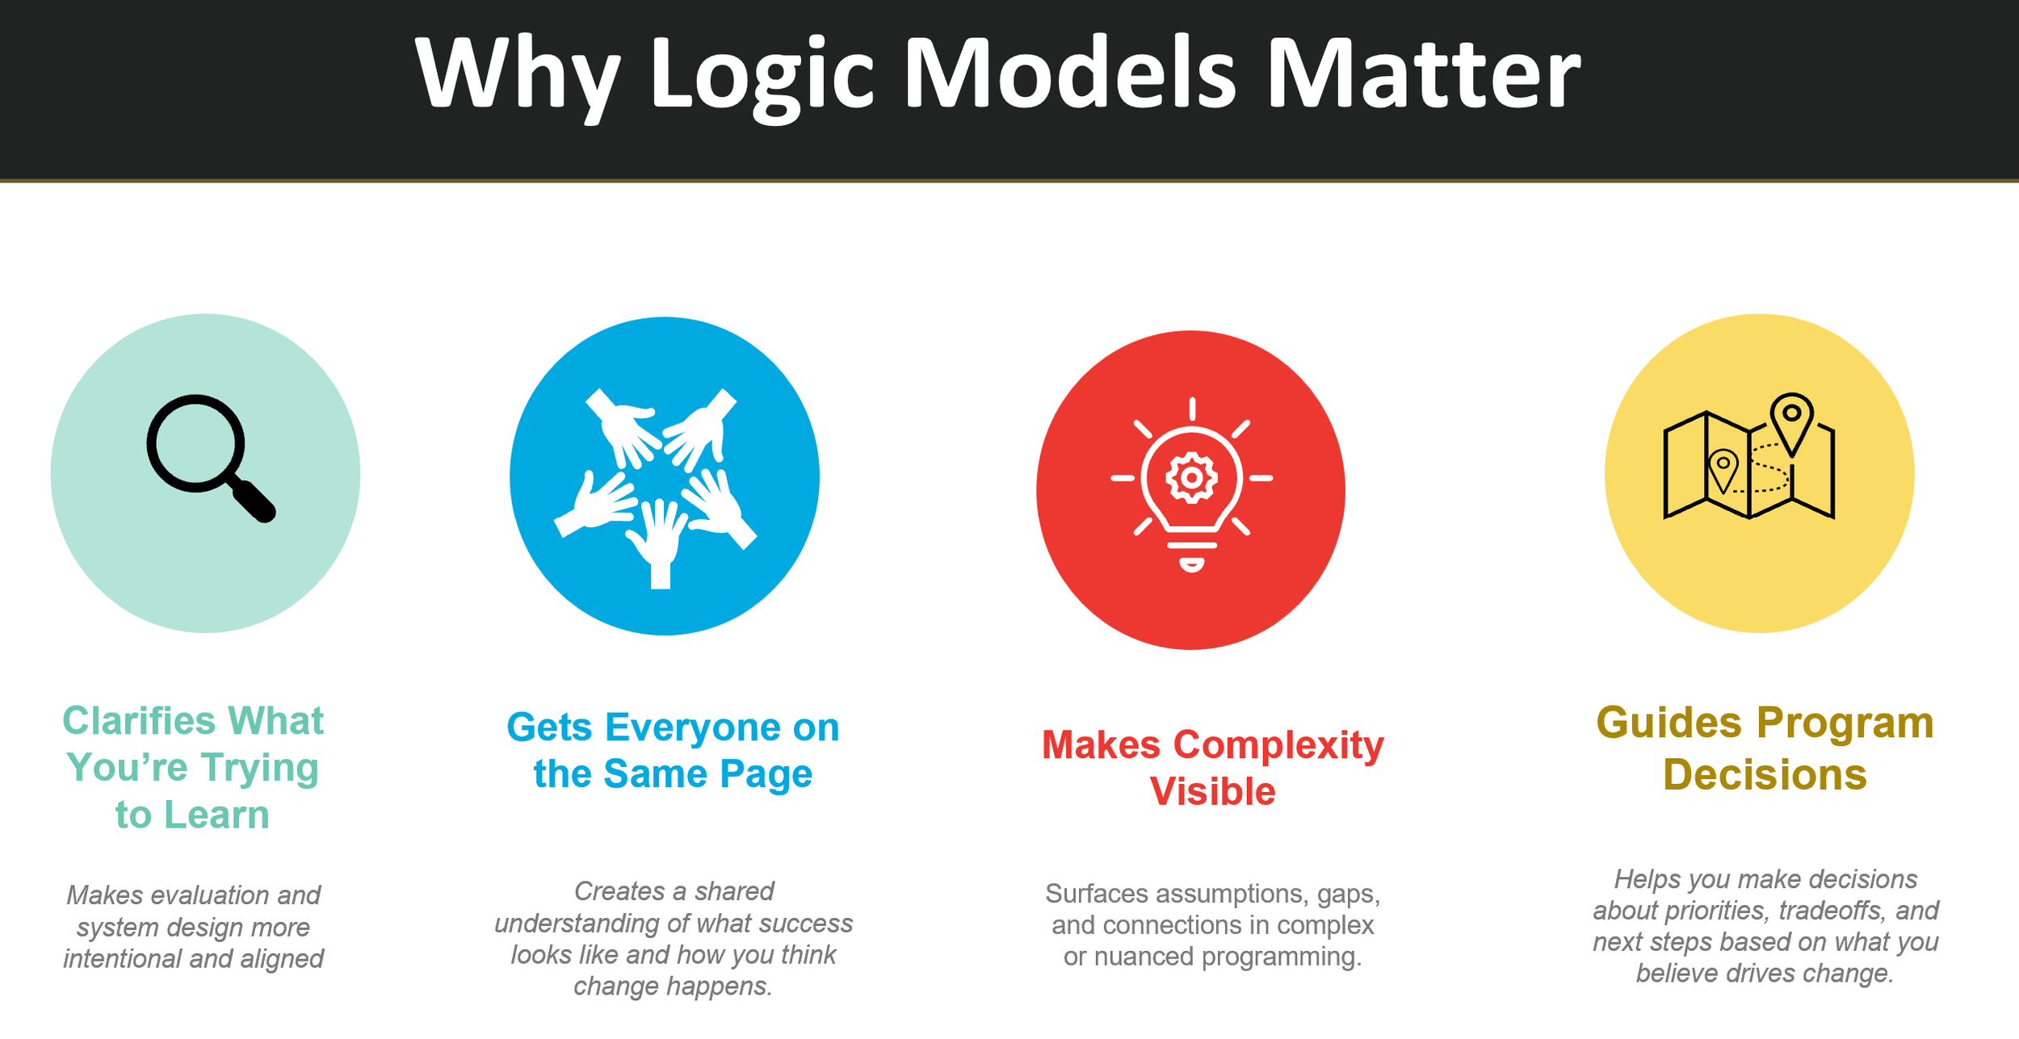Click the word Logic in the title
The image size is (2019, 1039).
coord(762,75)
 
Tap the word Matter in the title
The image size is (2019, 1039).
coord(1421,75)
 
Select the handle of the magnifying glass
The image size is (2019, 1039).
coord(254,501)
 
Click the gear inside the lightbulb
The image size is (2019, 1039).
coord(1191,478)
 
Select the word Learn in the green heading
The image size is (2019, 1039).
coord(216,815)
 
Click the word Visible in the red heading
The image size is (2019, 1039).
coord(1212,792)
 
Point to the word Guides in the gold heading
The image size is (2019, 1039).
coord(1669,723)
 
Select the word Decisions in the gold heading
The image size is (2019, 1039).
coord(1765,775)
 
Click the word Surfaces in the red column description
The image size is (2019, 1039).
coord(1096,894)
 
